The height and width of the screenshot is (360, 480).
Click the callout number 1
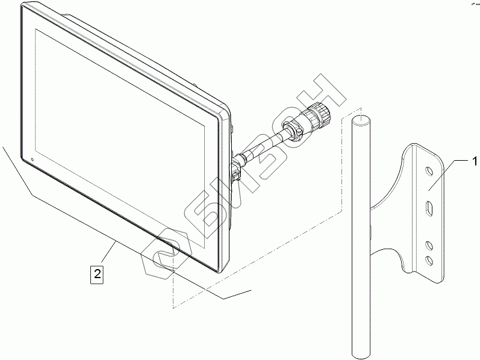click(x=475, y=161)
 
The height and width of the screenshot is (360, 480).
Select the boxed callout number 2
click(x=96, y=274)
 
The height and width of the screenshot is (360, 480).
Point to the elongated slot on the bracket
click(x=428, y=209)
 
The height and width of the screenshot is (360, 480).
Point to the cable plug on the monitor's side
click(x=236, y=170)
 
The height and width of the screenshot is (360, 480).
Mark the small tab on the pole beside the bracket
click(x=370, y=229)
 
